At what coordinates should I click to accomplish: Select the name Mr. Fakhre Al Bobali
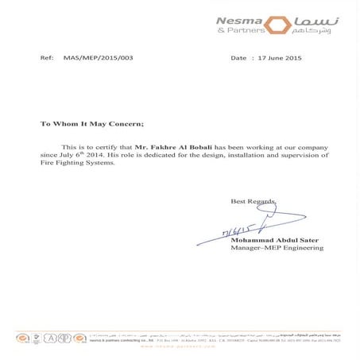[x=170, y=148]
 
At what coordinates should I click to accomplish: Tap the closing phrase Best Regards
[x=254, y=202]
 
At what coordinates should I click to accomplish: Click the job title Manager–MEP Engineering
[x=277, y=248]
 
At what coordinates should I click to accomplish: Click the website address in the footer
[x=180, y=348]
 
